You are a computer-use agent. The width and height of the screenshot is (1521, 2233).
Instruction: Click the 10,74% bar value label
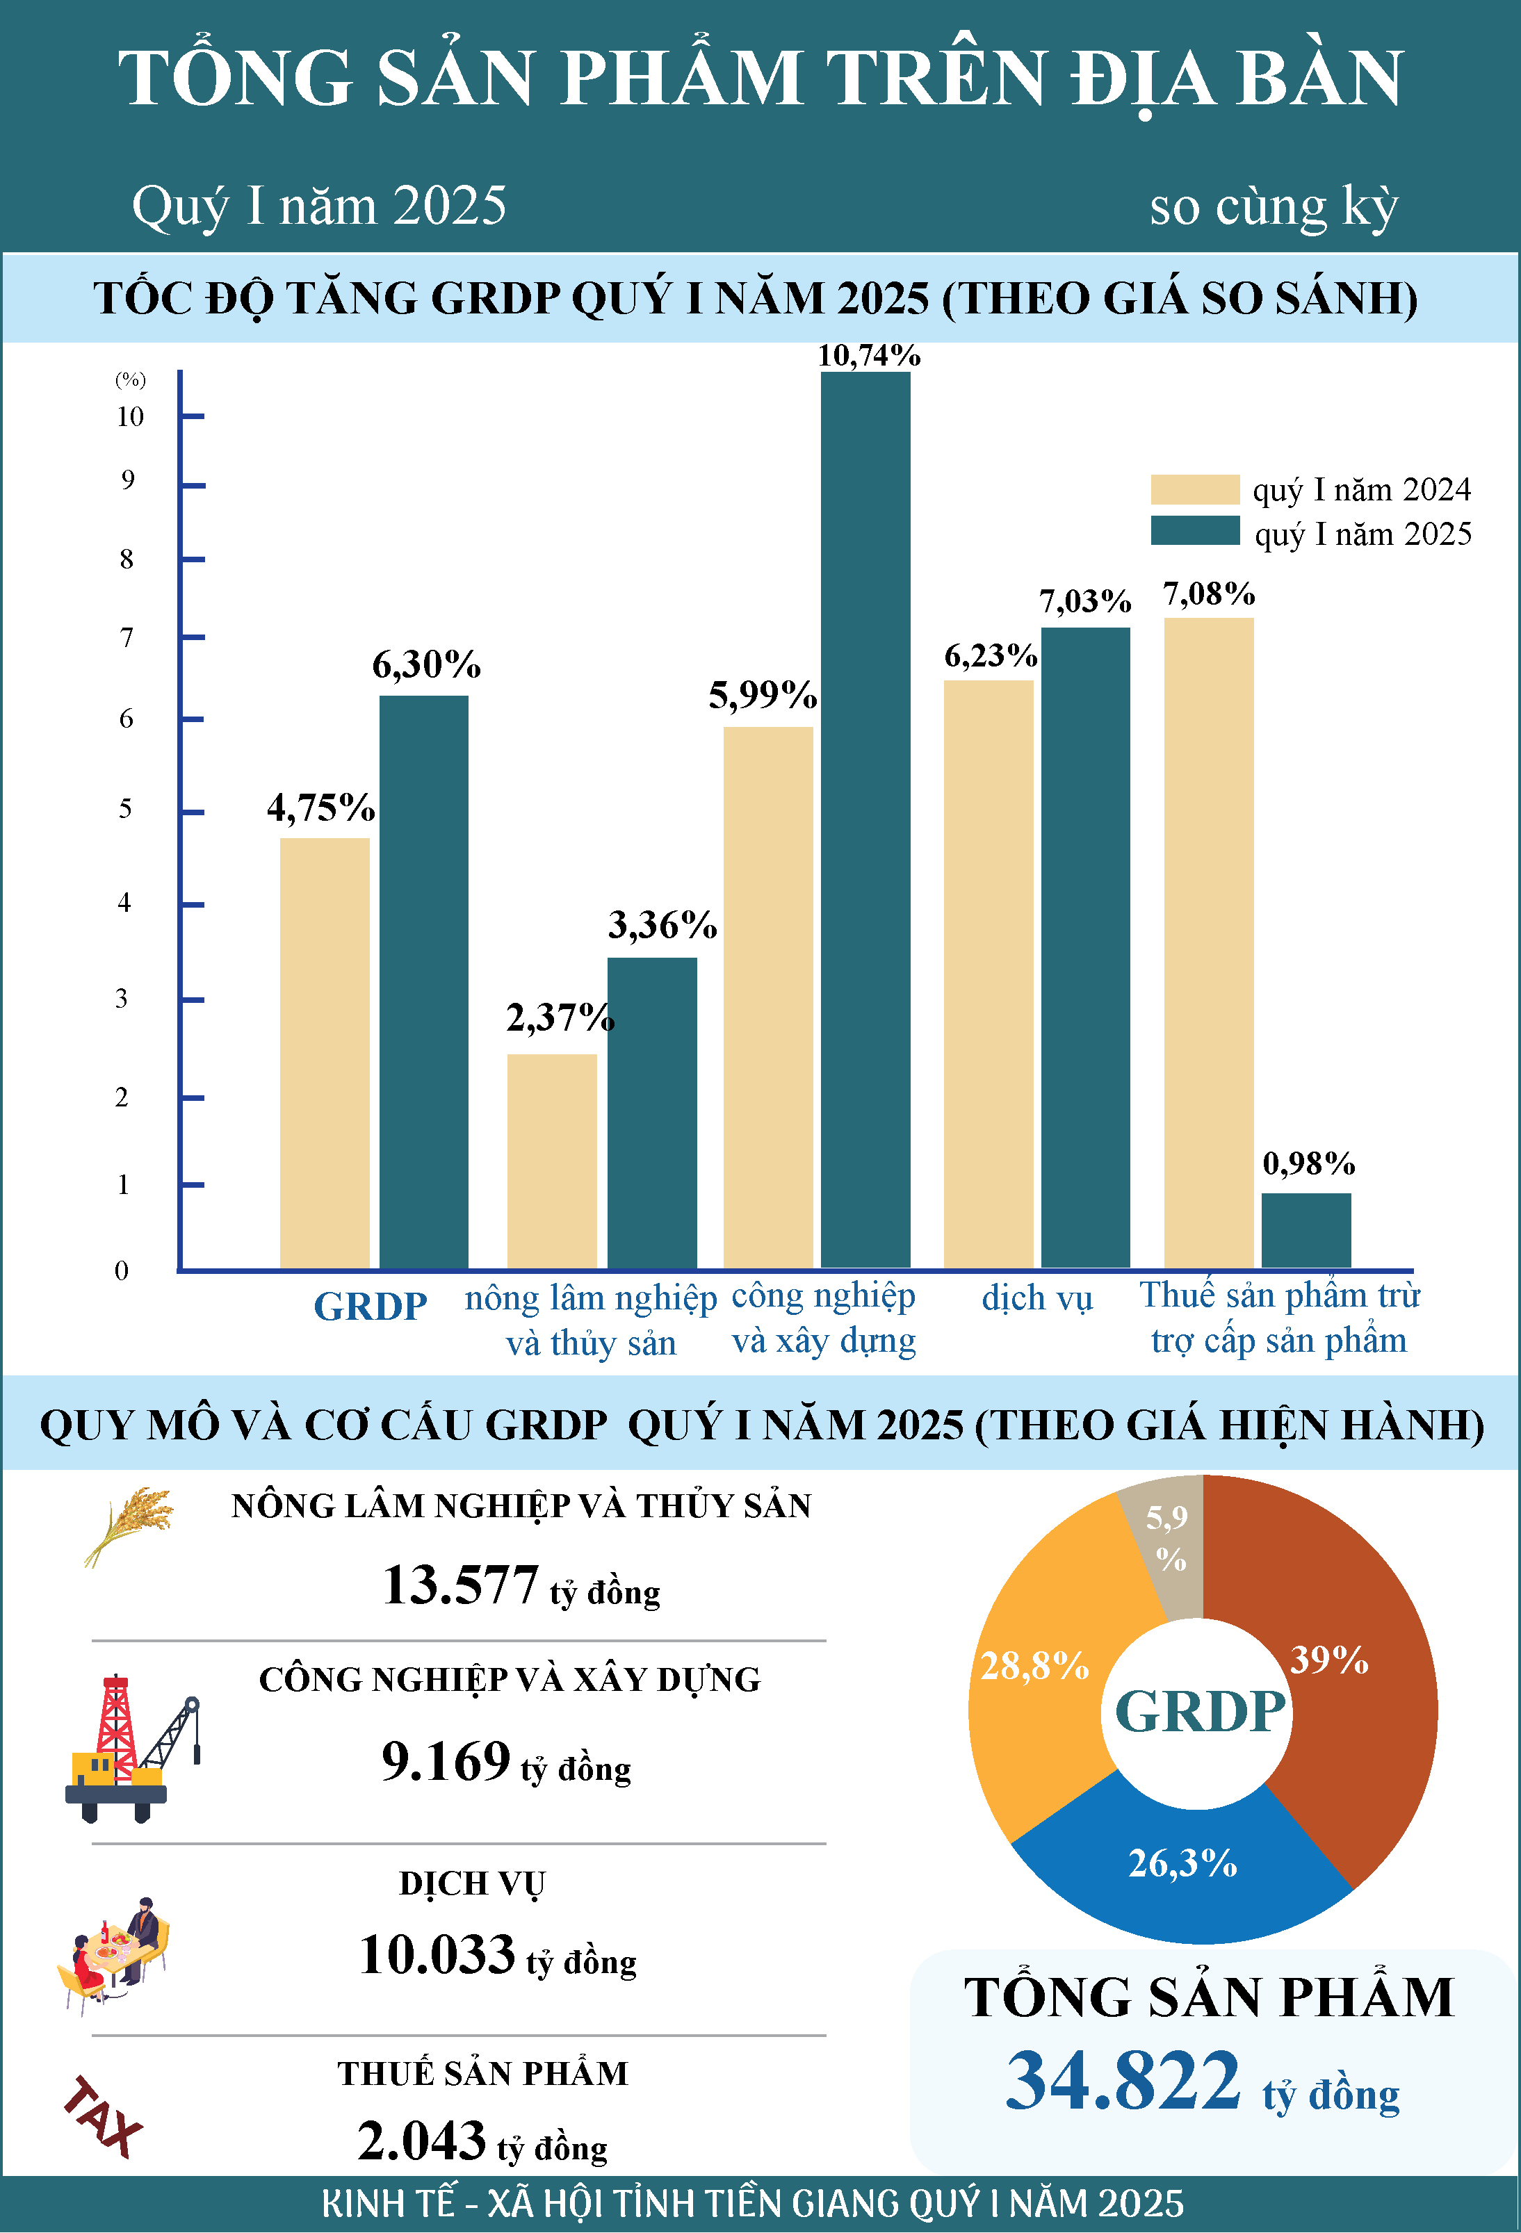point(868,356)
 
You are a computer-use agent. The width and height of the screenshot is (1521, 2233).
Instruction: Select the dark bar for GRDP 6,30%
point(424,981)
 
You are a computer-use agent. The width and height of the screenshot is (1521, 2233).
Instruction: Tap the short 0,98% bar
point(1306,1230)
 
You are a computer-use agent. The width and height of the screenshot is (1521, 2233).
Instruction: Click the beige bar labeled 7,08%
point(1209,942)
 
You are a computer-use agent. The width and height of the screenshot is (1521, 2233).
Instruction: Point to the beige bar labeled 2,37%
point(551,1161)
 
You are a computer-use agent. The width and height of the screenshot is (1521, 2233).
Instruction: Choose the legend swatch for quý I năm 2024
point(1195,489)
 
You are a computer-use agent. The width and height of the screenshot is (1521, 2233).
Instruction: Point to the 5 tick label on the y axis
point(125,808)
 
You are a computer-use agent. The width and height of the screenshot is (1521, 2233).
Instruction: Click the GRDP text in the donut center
point(1200,1711)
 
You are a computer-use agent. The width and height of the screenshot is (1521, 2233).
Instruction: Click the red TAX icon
point(103,2117)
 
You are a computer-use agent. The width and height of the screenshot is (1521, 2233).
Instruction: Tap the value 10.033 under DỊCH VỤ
point(437,1954)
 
